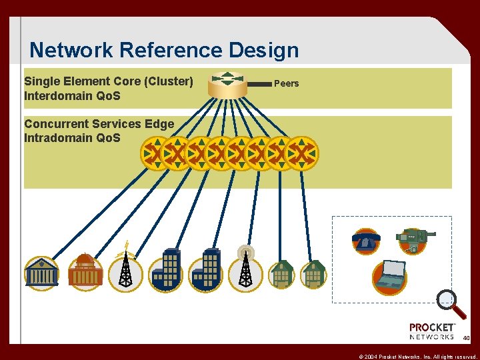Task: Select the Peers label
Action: pyautogui.click(x=287, y=83)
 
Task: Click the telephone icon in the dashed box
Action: pyautogui.click(x=366, y=241)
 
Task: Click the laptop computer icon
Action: pyautogui.click(x=389, y=277)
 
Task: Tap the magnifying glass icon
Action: pyautogui.click(x=451, y=304)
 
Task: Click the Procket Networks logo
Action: pyautogui.click(x=432, y=331)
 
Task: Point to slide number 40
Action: pyautogui.click(x=466, y=339)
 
